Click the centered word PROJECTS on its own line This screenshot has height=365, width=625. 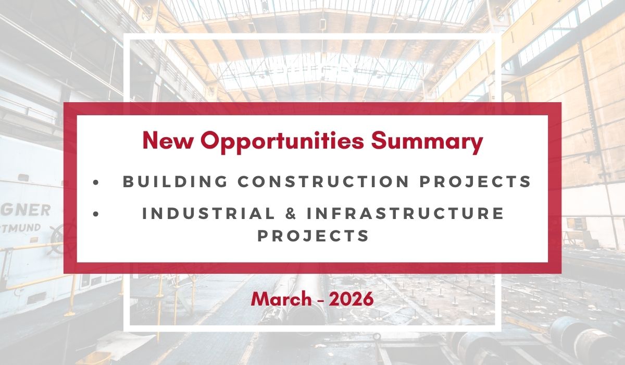pyautogui.click(x=314, y=236)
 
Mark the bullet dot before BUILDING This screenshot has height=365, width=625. pyautogui.click(x=95, y=182)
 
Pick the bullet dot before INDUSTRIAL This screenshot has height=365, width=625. pyautogui.click(x=95, y=213)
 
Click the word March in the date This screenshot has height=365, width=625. pyautogui.click(x=279, y=299)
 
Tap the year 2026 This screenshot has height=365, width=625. pyautogui.click(x=352, y=299)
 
